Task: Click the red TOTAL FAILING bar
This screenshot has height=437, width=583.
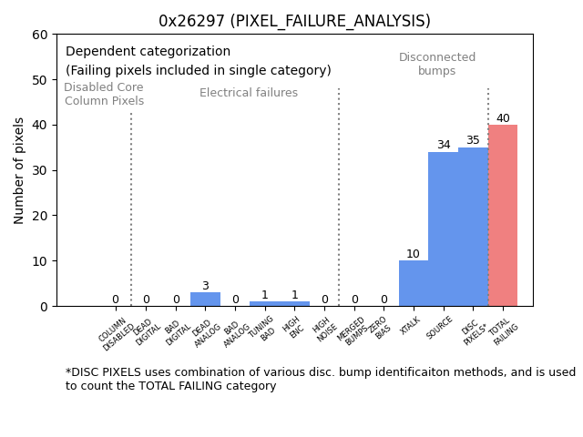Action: (503, 216)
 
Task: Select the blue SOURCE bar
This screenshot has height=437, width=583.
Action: (443, 229)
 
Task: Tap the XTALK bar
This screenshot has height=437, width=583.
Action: (413, 283)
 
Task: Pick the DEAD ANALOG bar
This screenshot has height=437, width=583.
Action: (205, 300)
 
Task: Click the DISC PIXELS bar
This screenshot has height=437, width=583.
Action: (473, 227)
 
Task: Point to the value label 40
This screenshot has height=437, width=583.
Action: (503, 118)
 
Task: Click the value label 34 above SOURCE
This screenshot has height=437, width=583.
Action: (443, 146)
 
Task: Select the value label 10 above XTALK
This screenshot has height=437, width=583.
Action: (413, 254)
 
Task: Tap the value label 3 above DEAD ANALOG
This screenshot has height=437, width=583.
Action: (205, 286)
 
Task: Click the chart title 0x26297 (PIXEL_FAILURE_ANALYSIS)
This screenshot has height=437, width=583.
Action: (294, 21)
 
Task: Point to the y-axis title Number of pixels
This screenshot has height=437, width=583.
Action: (20, 170)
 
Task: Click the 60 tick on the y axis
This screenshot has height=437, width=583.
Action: (39, 35)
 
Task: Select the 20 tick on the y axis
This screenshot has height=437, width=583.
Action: (39, 216)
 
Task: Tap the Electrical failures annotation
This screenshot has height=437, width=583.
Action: (249, 93)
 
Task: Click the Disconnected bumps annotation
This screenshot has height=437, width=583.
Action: (437, 64)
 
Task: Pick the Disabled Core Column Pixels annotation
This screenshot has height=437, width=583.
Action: (104, 94)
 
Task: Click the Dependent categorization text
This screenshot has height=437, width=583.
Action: (148, 52)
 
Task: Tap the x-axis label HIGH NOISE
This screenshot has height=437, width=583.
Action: (323, 330)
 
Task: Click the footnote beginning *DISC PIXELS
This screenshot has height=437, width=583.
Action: (320, 379)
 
